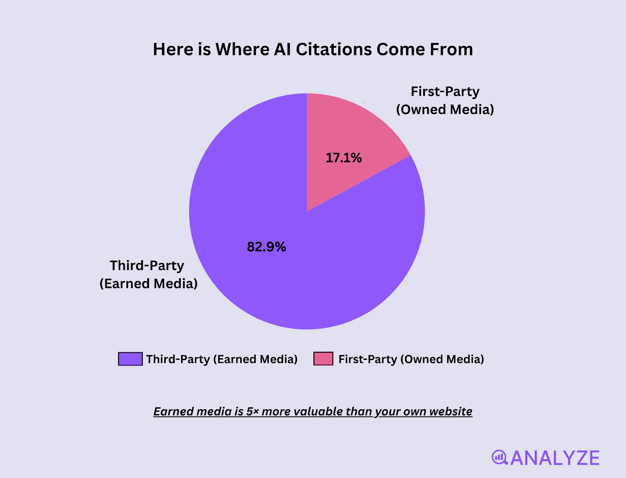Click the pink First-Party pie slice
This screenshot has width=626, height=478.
352,133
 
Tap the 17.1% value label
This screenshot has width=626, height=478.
344,158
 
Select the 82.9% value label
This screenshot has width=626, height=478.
266,247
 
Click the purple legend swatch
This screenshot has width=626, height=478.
130,359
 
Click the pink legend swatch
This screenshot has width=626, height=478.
323,359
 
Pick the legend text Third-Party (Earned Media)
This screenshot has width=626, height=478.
222,359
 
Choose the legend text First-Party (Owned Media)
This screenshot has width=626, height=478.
411,359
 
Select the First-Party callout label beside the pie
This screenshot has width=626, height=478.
445,100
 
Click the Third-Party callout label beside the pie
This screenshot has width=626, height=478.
148,274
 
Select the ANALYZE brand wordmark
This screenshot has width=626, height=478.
555,458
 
